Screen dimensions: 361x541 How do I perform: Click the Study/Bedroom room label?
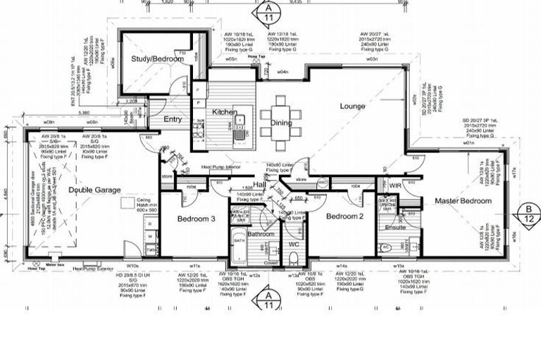tap(157, 59)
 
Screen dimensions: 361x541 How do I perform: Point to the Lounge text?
tap(352, 106)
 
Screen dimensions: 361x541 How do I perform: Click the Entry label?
tap(173, 119)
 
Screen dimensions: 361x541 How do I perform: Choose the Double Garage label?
tap(94, 190)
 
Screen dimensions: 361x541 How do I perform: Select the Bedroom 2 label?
tap(344, 216)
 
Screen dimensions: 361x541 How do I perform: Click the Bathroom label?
tap(261, 233)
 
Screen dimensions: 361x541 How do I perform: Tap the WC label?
tap(294, 244)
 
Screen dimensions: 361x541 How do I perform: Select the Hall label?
tap(259, 184)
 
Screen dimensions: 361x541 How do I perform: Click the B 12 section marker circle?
tap(528, 213)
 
